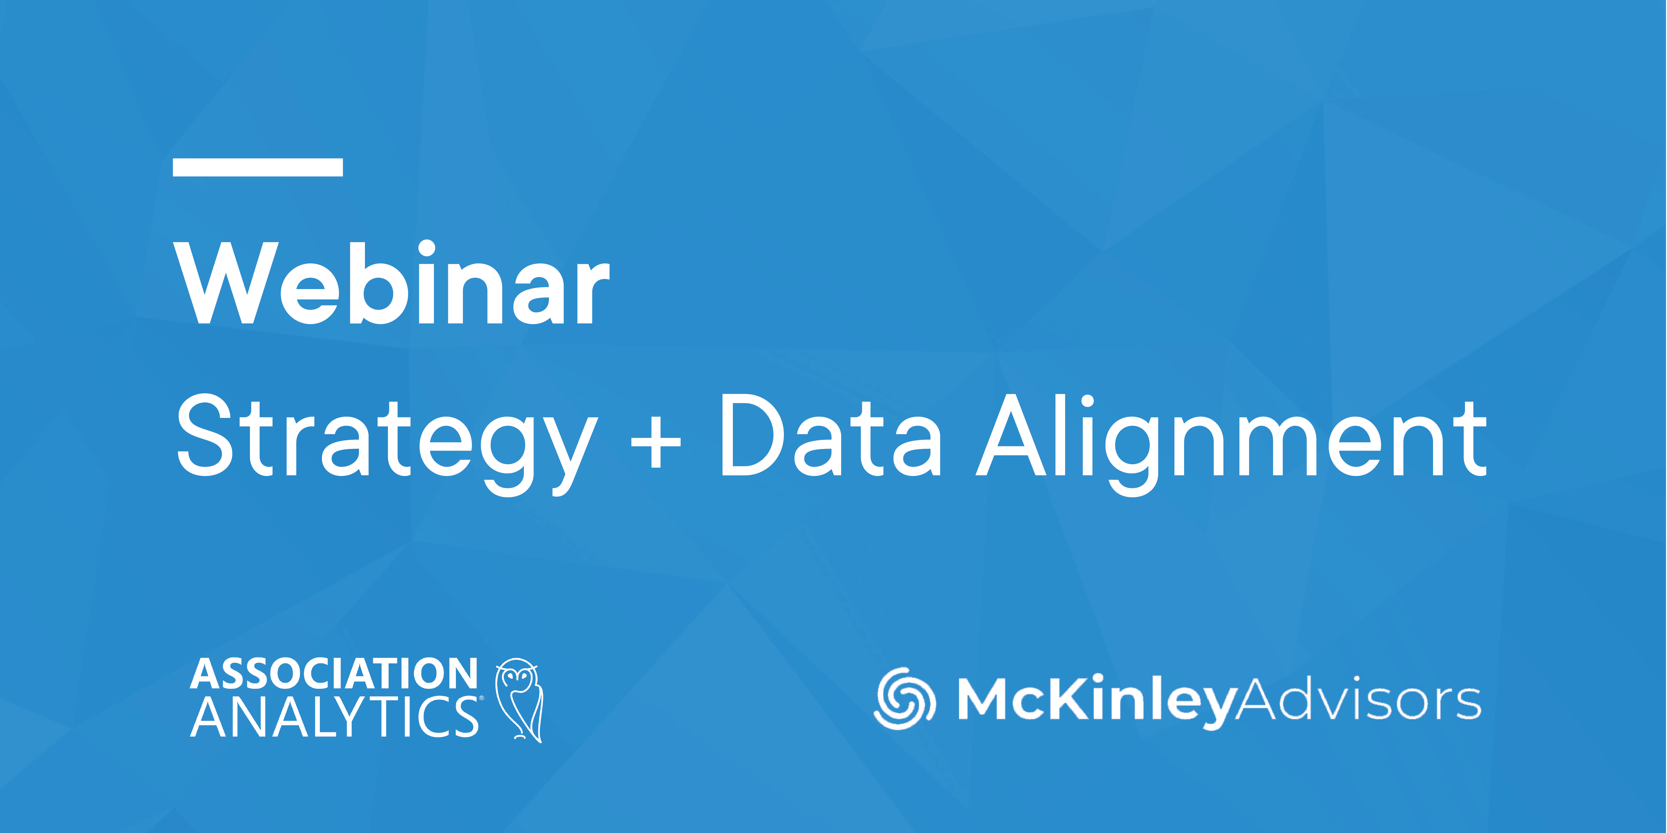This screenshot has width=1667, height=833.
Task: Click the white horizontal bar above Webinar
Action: tap(258, 167)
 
